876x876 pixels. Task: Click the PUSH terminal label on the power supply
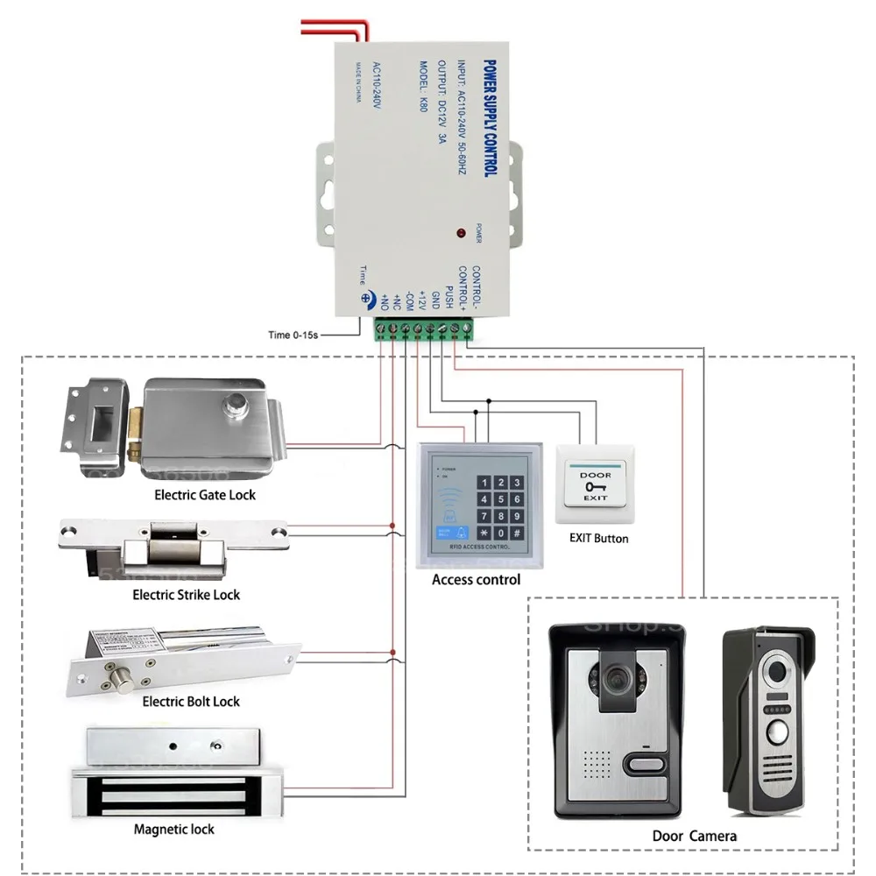click(449, 296)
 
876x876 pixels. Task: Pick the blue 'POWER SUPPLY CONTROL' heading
click(490, 117)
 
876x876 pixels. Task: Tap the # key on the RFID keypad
click(517, 533)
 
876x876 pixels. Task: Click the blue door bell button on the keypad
click(461, 532)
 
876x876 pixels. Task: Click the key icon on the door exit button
click(596, 486)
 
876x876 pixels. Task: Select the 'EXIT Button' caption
click(598, 538)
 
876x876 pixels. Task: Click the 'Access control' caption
click(476, 579)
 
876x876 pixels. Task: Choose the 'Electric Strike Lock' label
click(186, 595)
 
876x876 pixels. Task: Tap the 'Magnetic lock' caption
click(173, 829)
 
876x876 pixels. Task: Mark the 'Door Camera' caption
click(695, 836)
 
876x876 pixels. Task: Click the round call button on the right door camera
click(777, 732)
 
